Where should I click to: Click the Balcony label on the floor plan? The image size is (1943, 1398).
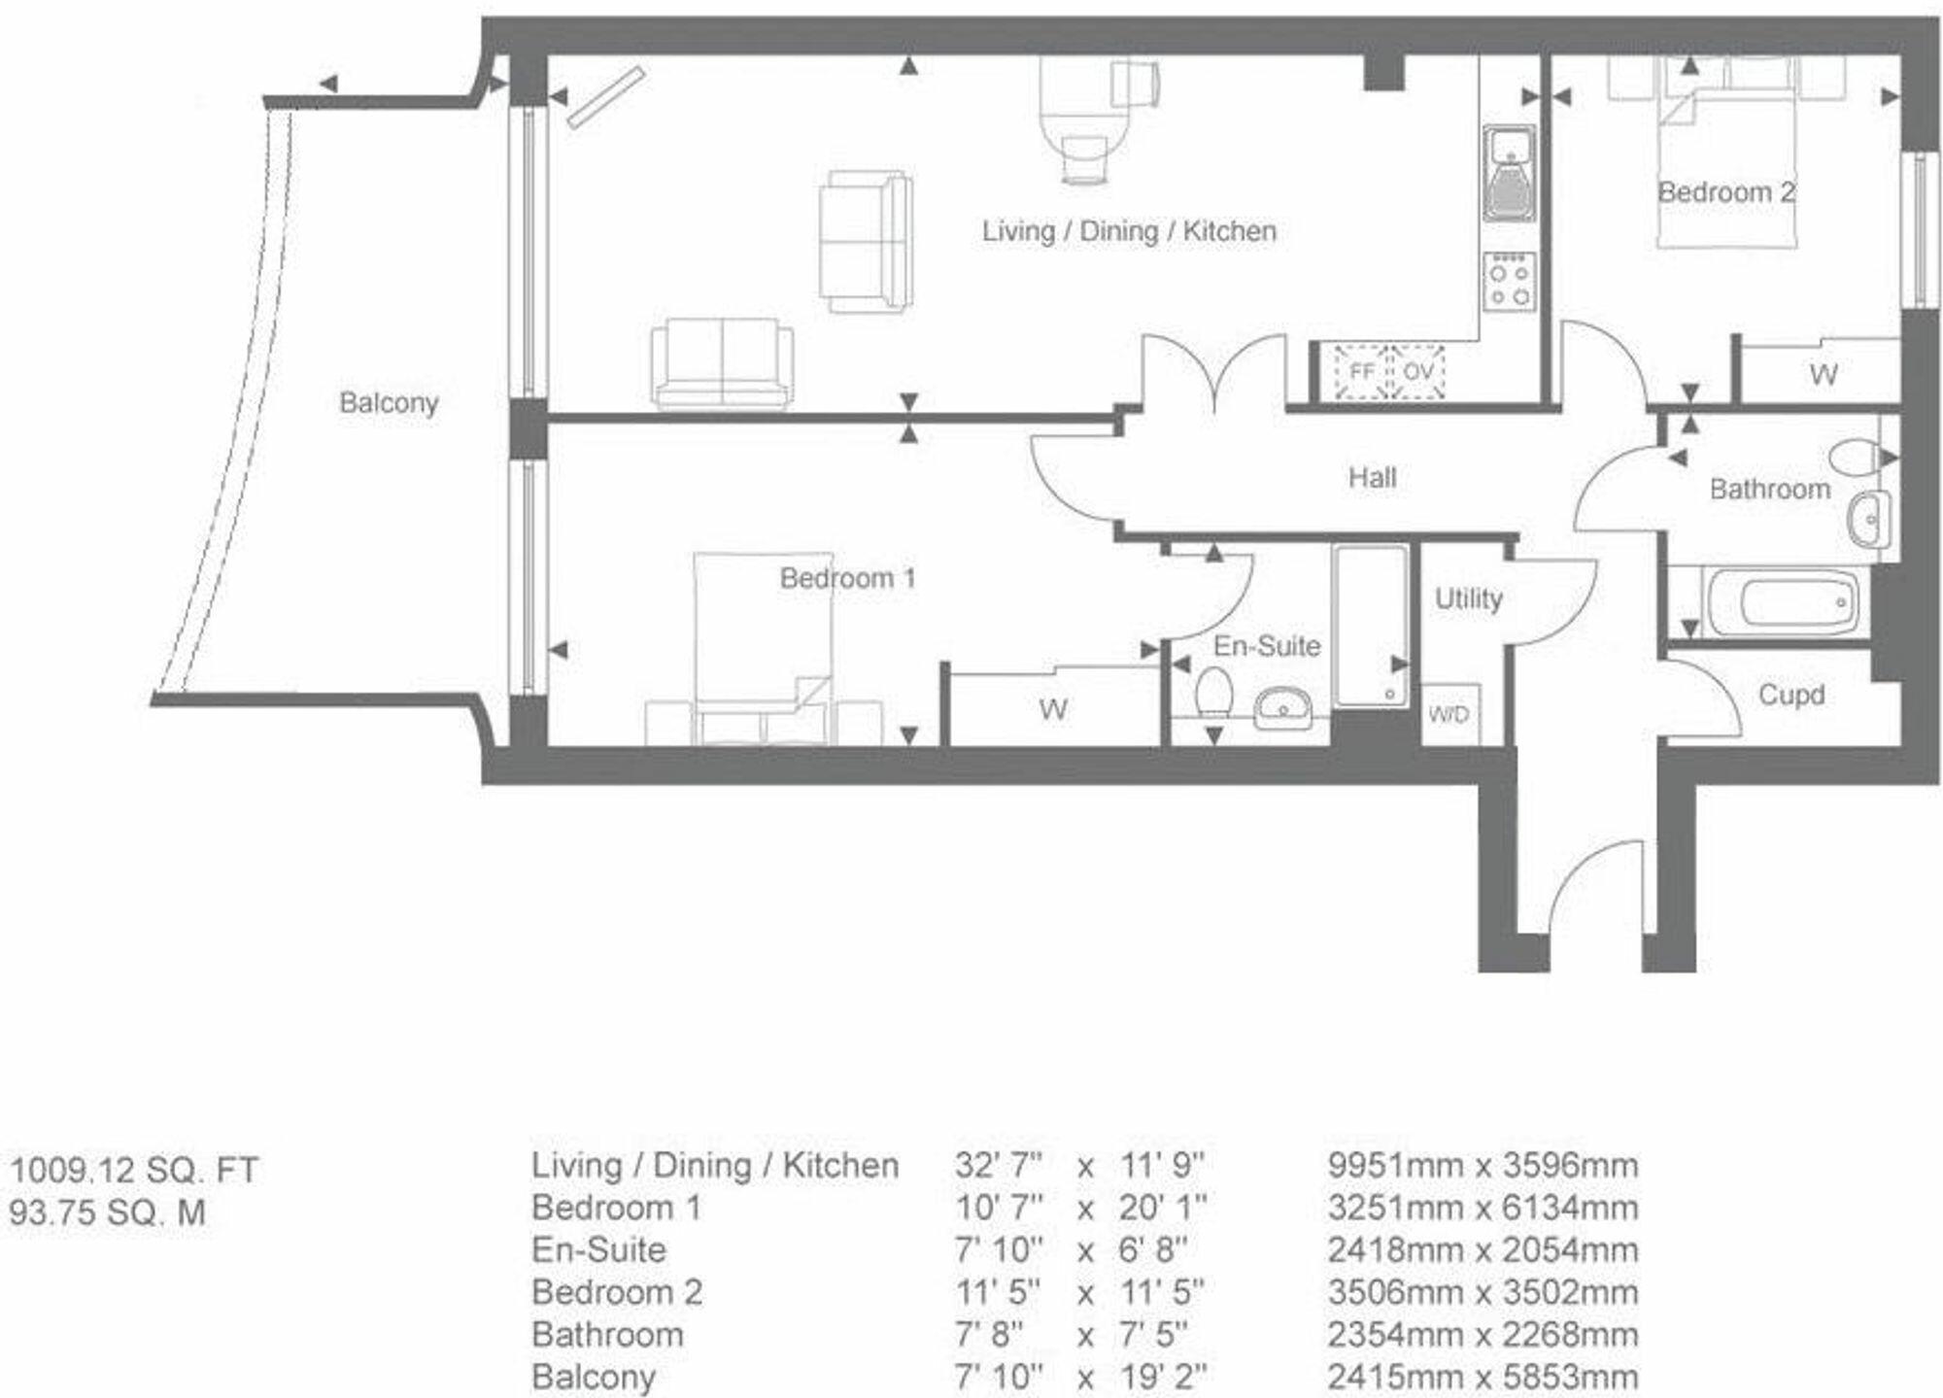[389, 402]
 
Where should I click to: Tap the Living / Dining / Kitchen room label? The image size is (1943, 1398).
[1128, 231]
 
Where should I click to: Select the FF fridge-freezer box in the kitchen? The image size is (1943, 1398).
[1362, 372]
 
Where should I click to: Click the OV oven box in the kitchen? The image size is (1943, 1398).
[1418, 372]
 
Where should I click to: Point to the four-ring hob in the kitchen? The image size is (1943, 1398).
[1510, 282]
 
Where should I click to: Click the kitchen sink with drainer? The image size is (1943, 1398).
[1510, 175]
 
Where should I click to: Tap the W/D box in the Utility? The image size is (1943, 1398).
[1449, 716]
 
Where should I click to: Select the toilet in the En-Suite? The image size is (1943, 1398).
[1213, 694]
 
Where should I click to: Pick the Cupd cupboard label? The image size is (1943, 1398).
[1791, 696]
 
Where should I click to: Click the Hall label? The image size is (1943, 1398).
[1372, 478]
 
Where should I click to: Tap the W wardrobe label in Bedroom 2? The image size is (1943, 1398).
[1823, 375]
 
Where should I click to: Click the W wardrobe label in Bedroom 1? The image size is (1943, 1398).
[1053, 710]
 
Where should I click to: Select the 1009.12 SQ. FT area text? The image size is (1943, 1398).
[134, 1170]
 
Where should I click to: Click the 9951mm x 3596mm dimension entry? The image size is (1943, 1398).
[1483, 1166]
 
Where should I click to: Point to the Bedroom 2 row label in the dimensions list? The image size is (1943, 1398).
[617, 1292]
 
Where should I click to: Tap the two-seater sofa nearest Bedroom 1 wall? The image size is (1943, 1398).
[722, 364]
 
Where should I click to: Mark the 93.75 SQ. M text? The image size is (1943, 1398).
[108, 1213]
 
